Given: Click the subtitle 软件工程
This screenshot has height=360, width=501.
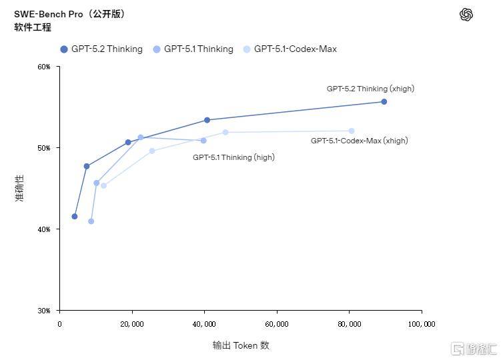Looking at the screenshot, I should pos(33,27).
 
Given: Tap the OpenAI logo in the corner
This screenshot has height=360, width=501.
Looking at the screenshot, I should pos(466,15).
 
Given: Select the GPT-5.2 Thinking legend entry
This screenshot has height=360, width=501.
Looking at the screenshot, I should pos(101,49).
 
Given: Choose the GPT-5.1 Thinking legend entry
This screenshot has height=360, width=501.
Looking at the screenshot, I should pos(193,49).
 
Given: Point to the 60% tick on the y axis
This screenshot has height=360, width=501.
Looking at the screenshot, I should pos(43,67).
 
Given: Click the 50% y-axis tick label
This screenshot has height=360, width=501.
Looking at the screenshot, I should pos(43,148).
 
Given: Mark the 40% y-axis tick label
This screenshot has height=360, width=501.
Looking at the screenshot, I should pos(43,229).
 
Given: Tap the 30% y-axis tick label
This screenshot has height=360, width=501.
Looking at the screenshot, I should pos(43,311).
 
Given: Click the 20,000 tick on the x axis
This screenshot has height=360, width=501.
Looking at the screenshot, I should pos(132,324).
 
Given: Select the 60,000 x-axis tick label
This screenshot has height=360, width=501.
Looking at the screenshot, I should pos(277,324).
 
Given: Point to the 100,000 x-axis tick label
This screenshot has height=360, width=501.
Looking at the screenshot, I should pos(422,324).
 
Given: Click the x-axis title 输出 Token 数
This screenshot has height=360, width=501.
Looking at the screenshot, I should pos(241,345).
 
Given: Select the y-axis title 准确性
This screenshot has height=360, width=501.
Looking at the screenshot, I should pos(19,188).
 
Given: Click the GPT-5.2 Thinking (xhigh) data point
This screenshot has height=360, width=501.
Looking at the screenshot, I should pos(384,101).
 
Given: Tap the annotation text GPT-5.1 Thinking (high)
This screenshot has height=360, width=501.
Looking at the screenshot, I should pos(233,157).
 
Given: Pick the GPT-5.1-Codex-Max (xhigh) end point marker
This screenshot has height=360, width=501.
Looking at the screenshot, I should pos(352,131).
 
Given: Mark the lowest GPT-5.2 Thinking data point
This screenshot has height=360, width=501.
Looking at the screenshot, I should pos(74,216).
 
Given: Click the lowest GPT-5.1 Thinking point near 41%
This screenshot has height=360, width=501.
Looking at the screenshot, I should pos(91,221).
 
